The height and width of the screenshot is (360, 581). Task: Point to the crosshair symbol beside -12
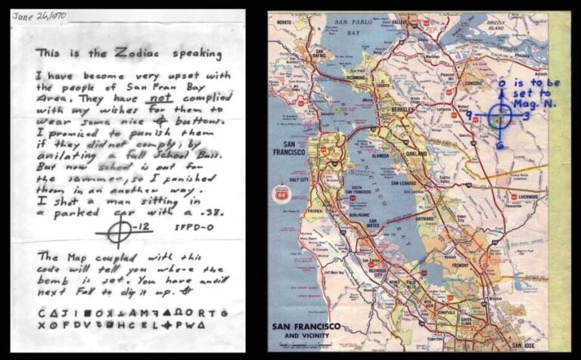[118, 231]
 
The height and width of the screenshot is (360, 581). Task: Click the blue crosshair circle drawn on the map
[500, 116]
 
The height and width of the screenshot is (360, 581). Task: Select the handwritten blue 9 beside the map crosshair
[470, 115]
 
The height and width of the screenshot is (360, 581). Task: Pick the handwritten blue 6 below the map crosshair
[500, 144]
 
